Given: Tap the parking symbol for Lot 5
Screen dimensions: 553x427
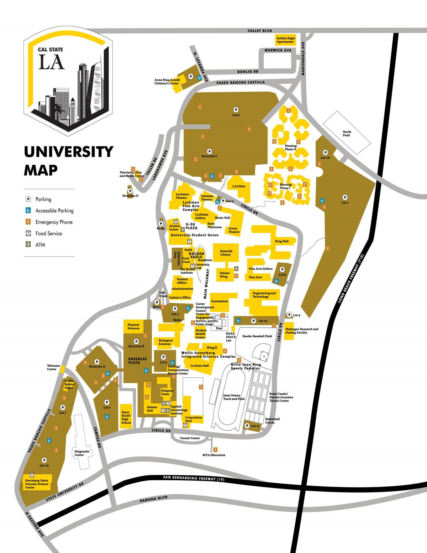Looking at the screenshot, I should [x=235, y=109].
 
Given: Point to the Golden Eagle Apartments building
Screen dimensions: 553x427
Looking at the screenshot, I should [x=285, y=40].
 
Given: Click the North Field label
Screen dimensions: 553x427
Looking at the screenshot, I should [x=346, y=134].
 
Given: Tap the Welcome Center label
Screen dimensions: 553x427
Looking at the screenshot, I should [x=52, y=367].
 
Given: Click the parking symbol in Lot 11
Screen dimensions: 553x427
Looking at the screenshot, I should [x=247, y=425].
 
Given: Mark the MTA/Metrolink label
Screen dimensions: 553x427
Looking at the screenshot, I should [x=213, y=455].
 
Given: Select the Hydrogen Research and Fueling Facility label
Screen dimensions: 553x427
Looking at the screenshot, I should [x=302, y=331].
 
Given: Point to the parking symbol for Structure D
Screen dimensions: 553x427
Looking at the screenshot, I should [x=130, y=191].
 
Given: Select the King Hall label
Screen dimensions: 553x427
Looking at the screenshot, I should [x=282, y=241].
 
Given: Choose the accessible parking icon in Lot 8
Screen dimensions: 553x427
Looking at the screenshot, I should [x=276, y=281].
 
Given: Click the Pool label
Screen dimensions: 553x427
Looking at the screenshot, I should [x=219, y=329].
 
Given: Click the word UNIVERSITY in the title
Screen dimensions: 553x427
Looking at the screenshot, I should [x=68, y=152].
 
